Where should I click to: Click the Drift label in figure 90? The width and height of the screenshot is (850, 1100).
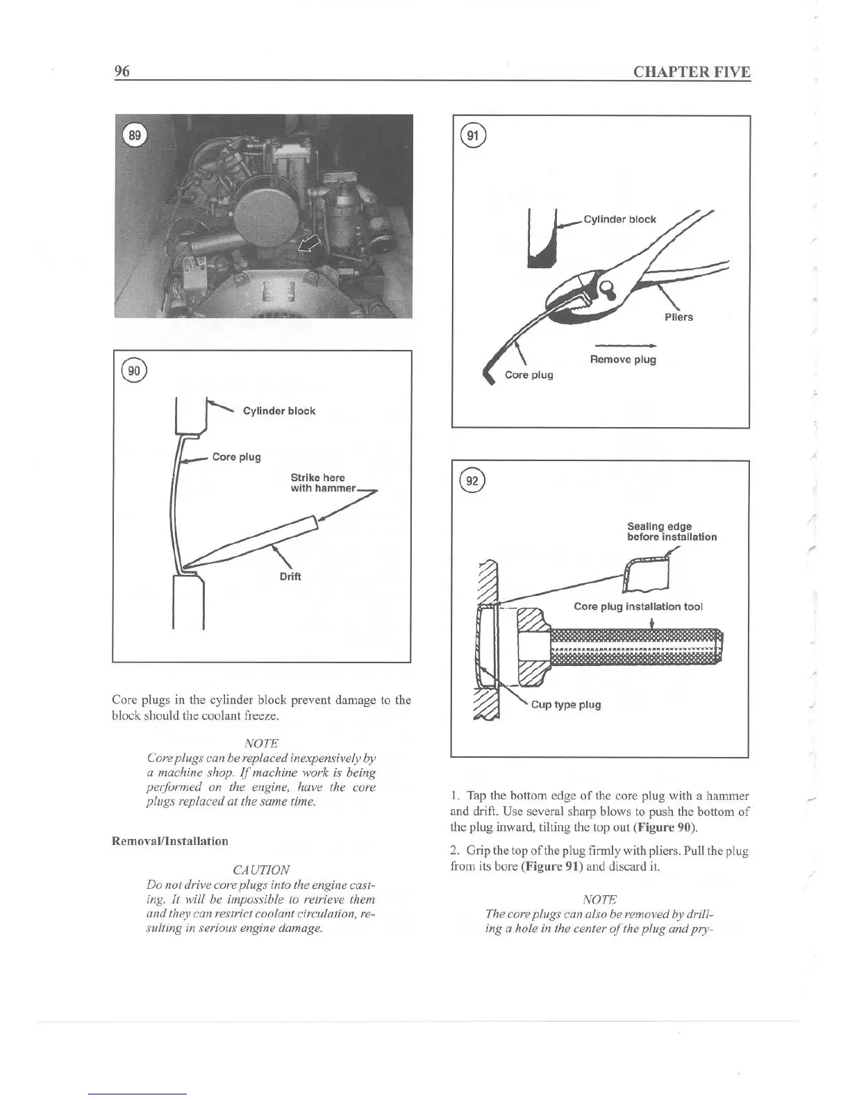(x=290, y=576)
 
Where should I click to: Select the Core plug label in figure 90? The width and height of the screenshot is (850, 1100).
(x=236, y=457)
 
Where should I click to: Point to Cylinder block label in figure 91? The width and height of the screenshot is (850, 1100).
(x=619, y=219)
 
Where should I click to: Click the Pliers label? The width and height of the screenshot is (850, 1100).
(x=678, y=317)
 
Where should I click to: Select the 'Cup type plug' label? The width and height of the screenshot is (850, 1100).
(x=566, y=705)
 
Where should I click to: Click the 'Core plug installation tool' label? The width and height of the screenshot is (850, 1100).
(x=638, y=606)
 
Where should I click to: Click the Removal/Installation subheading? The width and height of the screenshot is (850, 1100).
(x=170, y=841)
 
